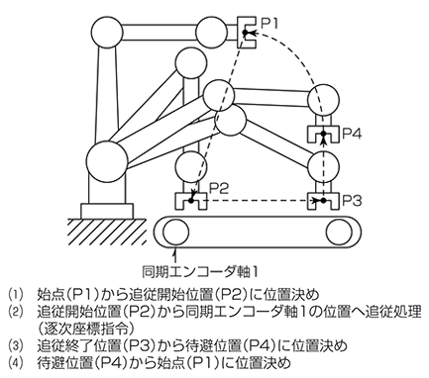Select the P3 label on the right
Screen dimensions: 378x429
pos(355,199)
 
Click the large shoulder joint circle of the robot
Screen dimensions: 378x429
pos(107,159)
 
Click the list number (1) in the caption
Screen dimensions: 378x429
pos(13,294)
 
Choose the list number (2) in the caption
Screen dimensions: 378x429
pos(13,311)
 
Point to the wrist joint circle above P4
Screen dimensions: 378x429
pos(321,101)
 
